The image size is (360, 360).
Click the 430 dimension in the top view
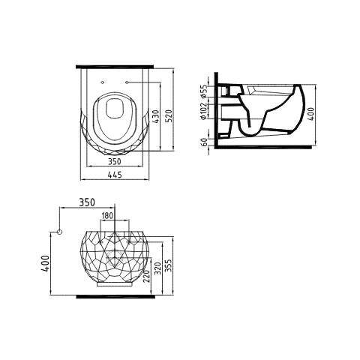(x=155, y=116)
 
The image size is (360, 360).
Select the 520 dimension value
(x=169, y=115)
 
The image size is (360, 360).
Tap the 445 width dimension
(x=115, y=175)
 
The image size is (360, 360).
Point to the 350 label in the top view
(x=115, y=161)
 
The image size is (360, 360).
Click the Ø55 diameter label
(x=204, y=91)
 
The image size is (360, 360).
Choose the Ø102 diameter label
(x=204, y=111)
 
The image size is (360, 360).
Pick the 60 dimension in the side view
(x=204, y=142)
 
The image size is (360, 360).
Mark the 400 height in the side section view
(x=311, y=114)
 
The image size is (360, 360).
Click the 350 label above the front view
(x=87, y=202)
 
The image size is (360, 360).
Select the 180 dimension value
(x=107, y=215)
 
